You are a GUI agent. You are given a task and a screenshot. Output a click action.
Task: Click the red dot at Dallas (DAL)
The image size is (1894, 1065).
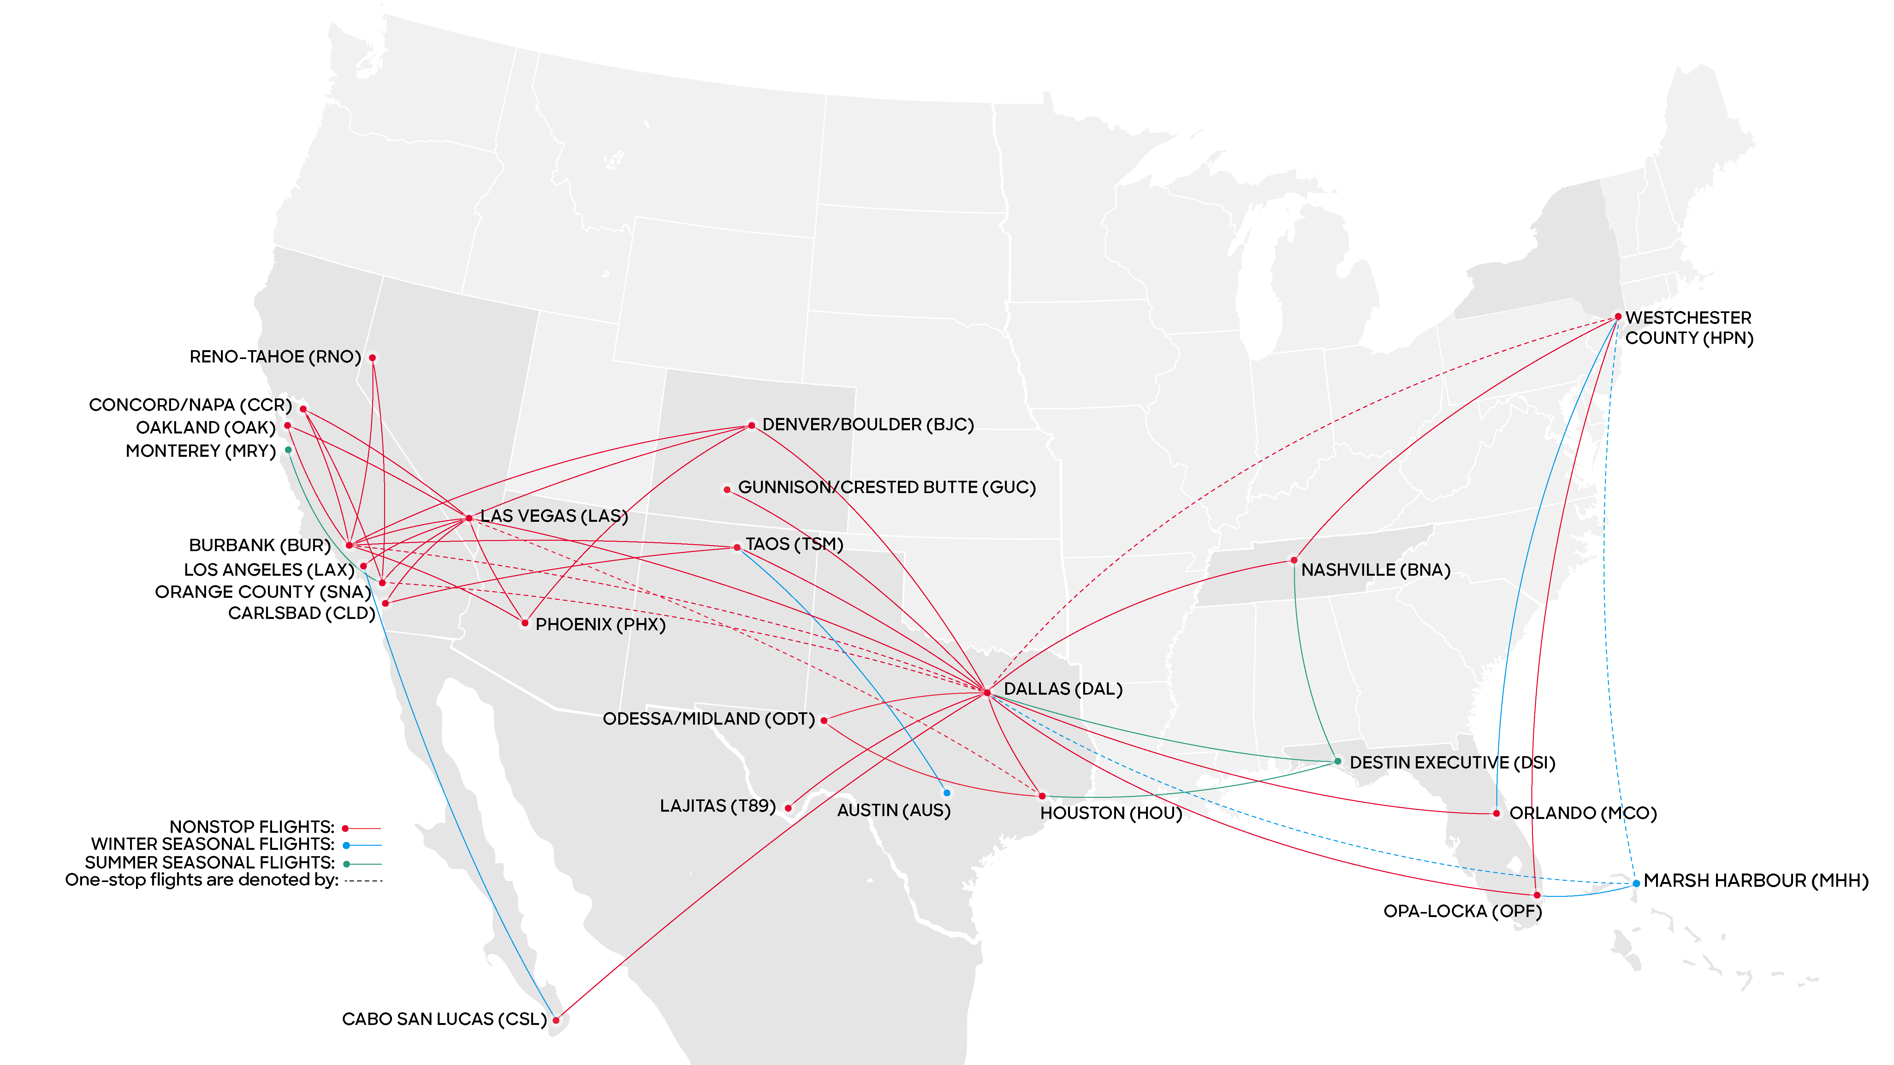(x=987, y=692)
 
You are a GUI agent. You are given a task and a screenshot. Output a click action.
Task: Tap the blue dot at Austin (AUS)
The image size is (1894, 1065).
(x=947, y=793)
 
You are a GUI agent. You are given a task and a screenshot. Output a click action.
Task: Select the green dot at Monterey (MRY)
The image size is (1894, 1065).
(x=288, y=450)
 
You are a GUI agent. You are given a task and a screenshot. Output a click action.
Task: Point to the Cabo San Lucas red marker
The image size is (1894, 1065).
(x=556, y=1020)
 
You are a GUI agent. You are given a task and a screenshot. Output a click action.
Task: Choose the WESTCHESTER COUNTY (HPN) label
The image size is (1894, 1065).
(x=1689, y=328)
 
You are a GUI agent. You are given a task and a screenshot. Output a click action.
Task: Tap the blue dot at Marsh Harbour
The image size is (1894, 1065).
(x=1636, y=883)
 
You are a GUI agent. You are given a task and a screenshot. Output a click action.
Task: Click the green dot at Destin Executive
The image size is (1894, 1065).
(x=1338, y=762)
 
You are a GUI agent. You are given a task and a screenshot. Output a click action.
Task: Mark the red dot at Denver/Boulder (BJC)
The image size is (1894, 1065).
(x=751, y=426)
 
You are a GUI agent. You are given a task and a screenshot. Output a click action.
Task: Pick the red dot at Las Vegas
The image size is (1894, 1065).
(x=469, y=518)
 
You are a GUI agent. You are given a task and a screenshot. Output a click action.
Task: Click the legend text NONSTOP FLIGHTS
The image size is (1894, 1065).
(x=252, y=827)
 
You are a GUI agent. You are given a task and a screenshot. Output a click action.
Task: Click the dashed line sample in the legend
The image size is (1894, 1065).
(x=364, y=880)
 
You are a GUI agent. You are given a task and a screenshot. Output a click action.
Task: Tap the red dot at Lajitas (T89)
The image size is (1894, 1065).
(x=788, y=808)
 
